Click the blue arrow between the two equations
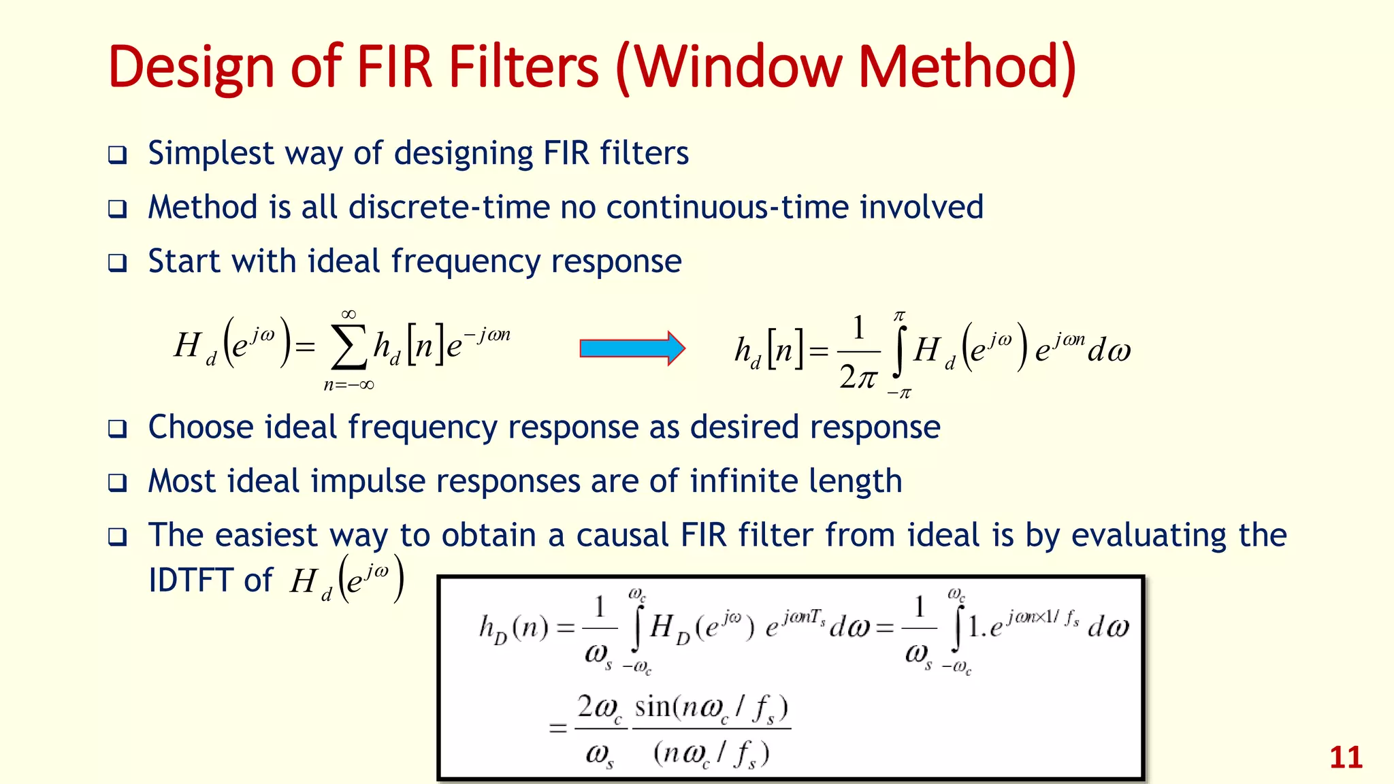632,348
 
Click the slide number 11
1346,757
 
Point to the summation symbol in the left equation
348,348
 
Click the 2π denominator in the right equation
858,376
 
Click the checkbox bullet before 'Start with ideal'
118,263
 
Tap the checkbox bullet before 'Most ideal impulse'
118,483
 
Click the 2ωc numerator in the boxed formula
599,708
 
